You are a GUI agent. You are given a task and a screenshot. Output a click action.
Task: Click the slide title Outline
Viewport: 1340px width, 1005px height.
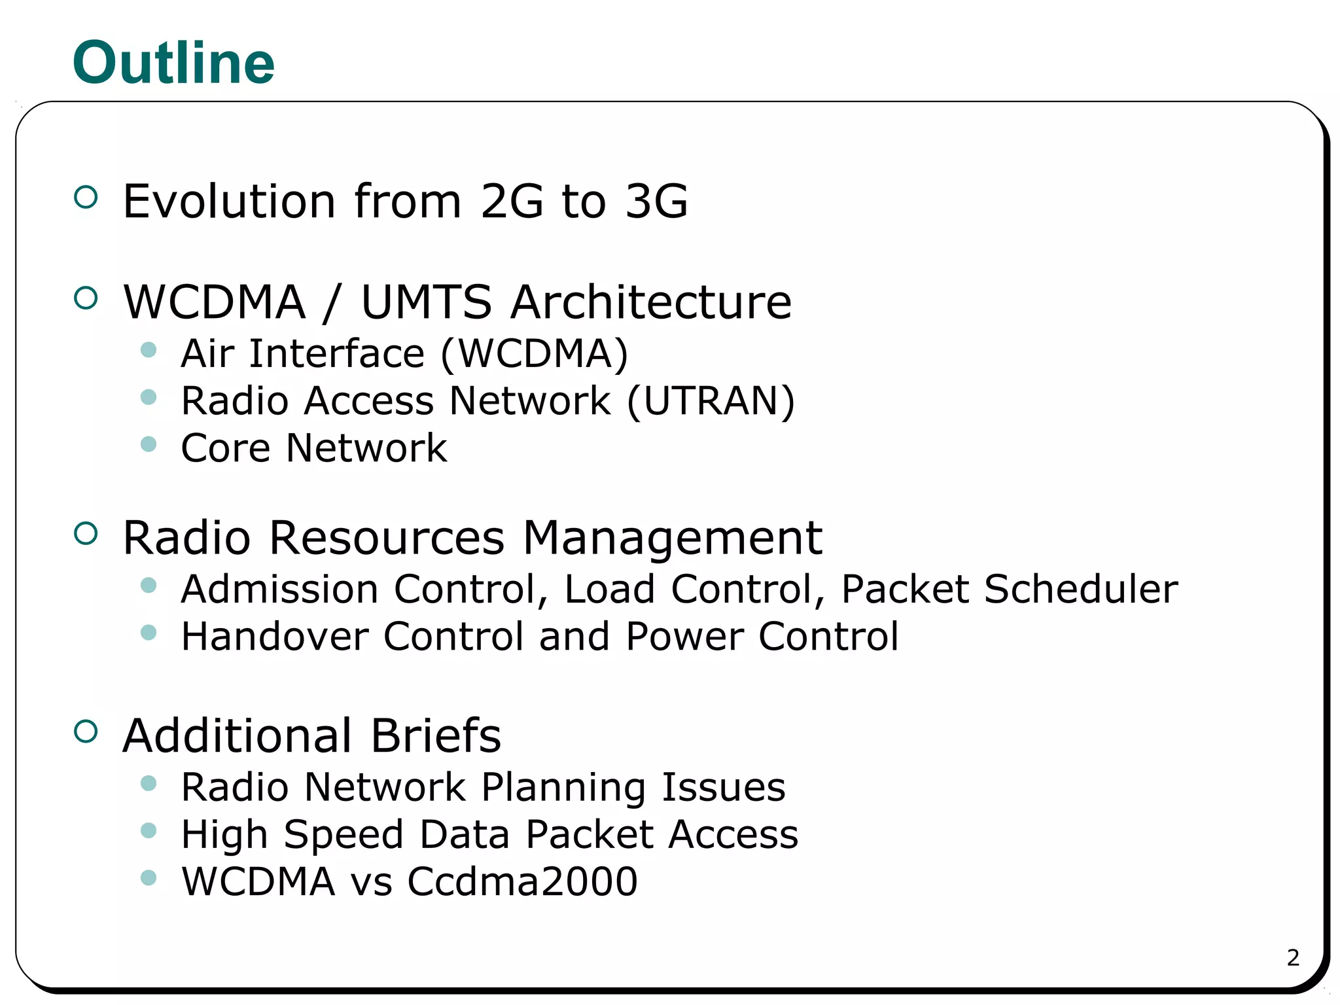(173, 63)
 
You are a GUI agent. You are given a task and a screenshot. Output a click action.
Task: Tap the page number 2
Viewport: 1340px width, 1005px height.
(1293, 958)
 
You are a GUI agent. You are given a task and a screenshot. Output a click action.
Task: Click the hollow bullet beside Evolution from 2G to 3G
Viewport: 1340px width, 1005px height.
(86, 197)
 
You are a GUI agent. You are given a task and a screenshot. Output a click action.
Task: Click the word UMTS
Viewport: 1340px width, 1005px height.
(426, 302)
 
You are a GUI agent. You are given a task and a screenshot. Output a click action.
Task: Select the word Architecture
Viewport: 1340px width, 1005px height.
(651, 302)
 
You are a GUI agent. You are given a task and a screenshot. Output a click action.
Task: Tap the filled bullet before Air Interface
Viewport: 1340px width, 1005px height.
(149, 350)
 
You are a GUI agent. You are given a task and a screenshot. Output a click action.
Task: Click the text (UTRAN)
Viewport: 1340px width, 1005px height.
(711, 400)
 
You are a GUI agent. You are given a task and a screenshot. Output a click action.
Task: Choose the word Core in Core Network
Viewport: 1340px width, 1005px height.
(225, 448)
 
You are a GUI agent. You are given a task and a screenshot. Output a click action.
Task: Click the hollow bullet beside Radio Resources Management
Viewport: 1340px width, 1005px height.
(86, 534)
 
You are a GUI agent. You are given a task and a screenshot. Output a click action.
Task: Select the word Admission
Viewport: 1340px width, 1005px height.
(279, 589)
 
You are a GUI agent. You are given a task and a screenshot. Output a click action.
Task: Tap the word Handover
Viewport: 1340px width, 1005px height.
(275, 636)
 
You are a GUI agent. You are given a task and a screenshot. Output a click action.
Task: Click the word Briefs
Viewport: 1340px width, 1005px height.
(436, 735)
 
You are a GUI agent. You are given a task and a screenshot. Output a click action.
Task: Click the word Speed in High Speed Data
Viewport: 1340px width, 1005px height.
(344, 836)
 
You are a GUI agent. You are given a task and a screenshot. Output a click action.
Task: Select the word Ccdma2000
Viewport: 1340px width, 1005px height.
(522, 881)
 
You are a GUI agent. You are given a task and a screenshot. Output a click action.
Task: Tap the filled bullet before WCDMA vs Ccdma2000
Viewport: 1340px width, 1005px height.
(149, 877)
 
